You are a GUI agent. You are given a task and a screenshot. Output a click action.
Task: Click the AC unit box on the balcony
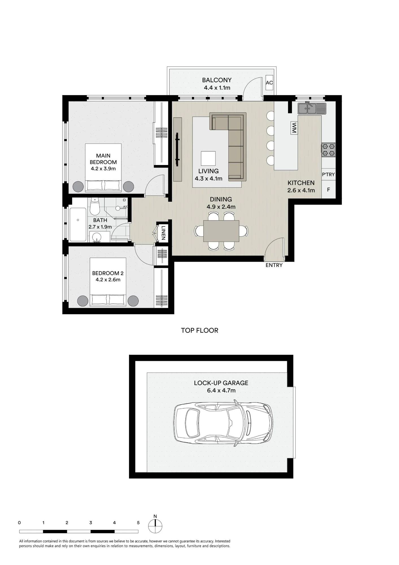[x=269, y=83]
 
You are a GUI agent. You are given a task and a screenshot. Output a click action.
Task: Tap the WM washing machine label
[x=294, y=128]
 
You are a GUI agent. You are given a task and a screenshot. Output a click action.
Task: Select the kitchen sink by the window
[x=312, y=108]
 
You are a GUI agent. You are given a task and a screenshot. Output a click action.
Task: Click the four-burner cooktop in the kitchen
[x=329, y=150]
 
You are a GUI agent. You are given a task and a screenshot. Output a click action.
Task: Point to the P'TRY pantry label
[x=328, y=175]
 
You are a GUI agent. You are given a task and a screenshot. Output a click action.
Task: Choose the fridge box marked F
[x=329, y=190]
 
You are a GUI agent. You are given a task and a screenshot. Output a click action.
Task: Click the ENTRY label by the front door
[x=274, y=265]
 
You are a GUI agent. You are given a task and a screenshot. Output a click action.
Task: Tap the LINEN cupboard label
[x=163, y=232]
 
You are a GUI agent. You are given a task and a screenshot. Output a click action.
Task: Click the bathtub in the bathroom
[x=78, y=225]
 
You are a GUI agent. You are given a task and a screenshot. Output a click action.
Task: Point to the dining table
[x=221, y=231]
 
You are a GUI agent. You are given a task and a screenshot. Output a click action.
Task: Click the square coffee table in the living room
[x=208, y=158]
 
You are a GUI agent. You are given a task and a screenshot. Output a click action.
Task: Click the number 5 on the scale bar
[x=138, y=523]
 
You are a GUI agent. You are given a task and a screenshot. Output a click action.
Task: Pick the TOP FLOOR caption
[x=200, y=330]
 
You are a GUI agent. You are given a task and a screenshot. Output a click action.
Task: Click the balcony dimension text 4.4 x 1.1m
[x=217, y=88]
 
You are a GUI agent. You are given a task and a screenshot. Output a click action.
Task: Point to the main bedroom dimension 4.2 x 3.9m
[x=103, y=169]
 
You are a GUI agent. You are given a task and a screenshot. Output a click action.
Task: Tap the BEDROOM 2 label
[x=108, y=273]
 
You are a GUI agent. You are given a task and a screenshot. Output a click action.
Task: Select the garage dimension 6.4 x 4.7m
[x=221, y=390]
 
